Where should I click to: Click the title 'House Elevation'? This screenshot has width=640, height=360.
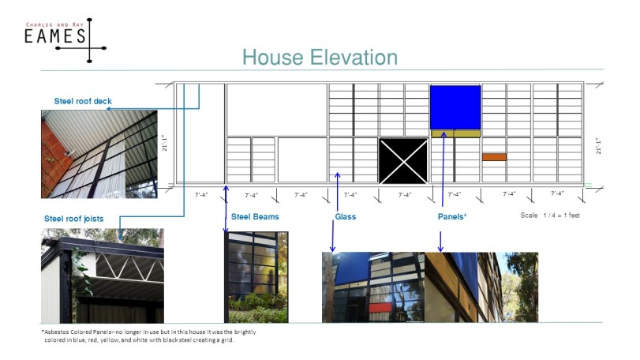coord(319,58)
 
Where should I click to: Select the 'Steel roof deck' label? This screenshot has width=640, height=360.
coord(84,101)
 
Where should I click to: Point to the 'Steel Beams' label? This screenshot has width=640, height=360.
coord(254,216)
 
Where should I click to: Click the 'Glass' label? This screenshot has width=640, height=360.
coord(345,216)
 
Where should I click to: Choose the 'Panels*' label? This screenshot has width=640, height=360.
coord(452,216)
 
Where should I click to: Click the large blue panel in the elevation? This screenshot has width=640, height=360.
coord(455,107)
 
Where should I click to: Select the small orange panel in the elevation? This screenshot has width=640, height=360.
coord(494,156)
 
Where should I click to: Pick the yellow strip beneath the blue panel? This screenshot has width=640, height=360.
coord(455,134)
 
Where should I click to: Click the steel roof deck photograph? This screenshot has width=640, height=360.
coord(99,154)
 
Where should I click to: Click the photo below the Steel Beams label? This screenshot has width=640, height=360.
coord(257,276)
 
